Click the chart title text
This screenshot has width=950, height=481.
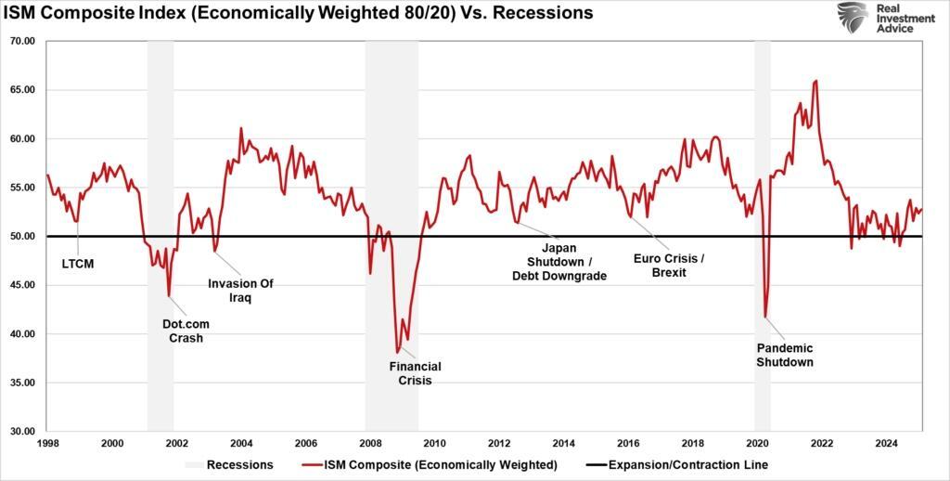(298, 14)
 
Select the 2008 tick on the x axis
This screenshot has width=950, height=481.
(370, 444)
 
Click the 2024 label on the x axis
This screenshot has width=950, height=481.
(887, 444)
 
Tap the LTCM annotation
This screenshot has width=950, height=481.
(77, 264)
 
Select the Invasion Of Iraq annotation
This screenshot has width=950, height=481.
(240, 291)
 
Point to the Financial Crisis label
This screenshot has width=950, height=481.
(415, 373)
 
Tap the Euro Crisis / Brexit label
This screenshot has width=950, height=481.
(668, 265)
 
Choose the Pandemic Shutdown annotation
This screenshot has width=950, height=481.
(785, 355)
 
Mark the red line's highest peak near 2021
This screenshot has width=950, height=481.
(815, 81)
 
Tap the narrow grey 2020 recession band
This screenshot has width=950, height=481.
(763, 232)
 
